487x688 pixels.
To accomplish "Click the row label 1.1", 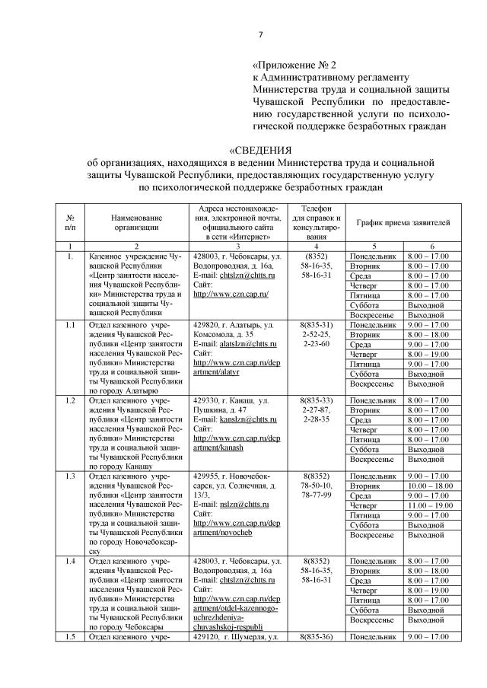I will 70,325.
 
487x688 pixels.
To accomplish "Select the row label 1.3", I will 70,476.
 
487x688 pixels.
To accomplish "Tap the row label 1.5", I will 70,635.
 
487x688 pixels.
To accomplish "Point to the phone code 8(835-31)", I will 315,325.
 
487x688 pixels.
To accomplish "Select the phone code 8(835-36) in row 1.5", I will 315,635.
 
